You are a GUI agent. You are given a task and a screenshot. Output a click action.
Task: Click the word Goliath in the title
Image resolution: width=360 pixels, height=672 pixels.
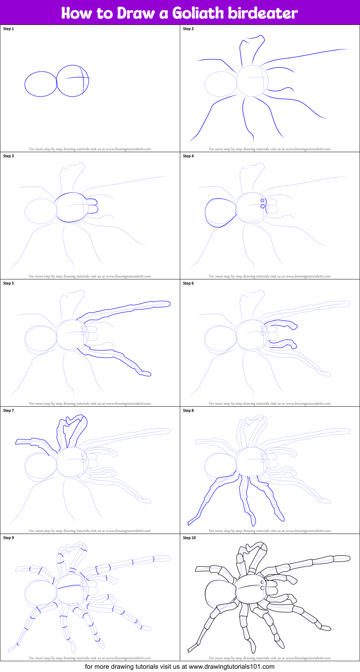pos(198,13)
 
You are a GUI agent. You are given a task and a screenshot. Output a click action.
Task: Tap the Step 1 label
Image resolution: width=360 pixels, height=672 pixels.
pos(9,29)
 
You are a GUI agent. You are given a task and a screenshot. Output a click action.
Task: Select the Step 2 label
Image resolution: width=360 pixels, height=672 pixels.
pos(188,29)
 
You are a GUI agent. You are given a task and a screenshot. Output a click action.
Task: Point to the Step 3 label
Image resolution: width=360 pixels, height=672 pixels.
pos(9,156)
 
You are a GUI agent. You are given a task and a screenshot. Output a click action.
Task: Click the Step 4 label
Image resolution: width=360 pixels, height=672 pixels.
pos(188,156)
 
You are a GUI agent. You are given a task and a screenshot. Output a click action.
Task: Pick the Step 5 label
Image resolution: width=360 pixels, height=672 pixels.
pos(9,283)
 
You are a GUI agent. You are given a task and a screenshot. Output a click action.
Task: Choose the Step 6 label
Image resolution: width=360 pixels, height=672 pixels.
pos(188,283)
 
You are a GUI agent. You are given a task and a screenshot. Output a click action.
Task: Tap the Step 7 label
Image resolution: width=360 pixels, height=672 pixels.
pos(9,411)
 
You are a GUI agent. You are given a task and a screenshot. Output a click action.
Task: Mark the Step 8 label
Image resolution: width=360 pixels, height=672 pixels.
pos(188,411)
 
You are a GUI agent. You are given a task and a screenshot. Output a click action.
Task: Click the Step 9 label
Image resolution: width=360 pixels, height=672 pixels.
pos(9,538)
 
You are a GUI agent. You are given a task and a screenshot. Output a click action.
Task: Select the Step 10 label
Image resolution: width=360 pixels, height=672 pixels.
pos(190,538)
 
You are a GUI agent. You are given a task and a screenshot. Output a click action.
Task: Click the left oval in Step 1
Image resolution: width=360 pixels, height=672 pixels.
pos(41,84)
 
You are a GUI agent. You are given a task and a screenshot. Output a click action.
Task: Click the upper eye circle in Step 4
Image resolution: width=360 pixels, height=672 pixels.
pos(262,200)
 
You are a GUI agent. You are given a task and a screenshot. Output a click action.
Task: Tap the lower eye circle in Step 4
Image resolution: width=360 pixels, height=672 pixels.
pos(263,206)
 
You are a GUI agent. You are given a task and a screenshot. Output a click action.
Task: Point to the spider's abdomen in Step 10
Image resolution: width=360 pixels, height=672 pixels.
pos(219,594)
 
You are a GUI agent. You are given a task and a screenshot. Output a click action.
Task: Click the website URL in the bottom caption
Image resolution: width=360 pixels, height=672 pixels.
pos(232,667)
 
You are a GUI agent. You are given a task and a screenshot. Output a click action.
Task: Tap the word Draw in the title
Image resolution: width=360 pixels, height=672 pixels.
pos(135,13)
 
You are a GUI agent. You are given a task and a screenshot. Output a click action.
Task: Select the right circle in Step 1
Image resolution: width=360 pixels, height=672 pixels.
pos(72,81)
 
